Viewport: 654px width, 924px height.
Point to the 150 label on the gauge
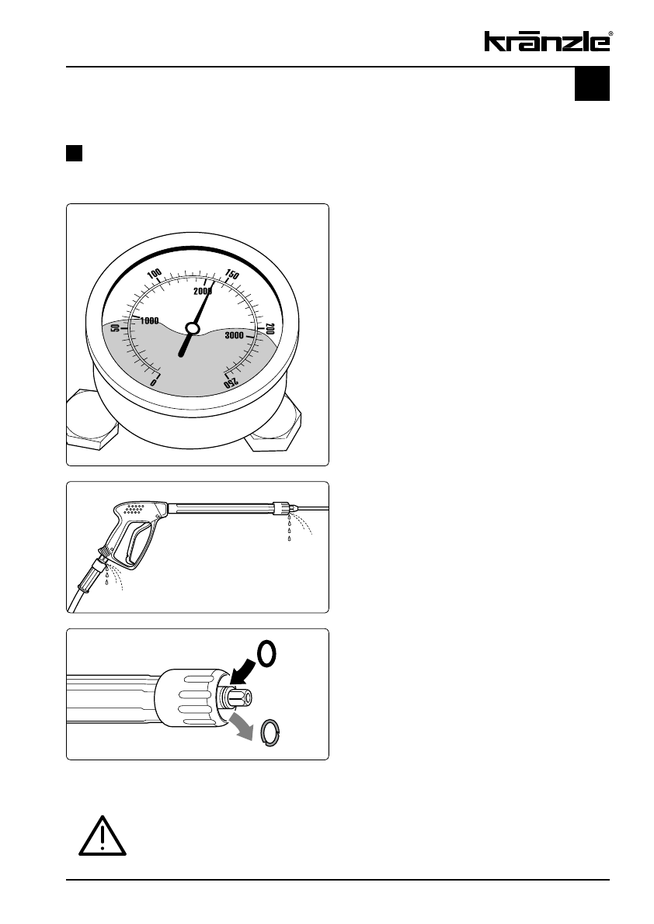click(x=231, y=274)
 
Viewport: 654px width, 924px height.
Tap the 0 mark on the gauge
click(x=154, y=382)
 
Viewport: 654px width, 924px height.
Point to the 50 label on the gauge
click(x=117, y=328)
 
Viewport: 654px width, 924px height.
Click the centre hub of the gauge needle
click(x=193, y=329)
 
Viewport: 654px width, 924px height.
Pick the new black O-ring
click(x=267, y=655)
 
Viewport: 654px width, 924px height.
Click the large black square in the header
click(x=592, y=84)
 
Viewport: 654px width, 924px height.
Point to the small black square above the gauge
click(x=74, y=152)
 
